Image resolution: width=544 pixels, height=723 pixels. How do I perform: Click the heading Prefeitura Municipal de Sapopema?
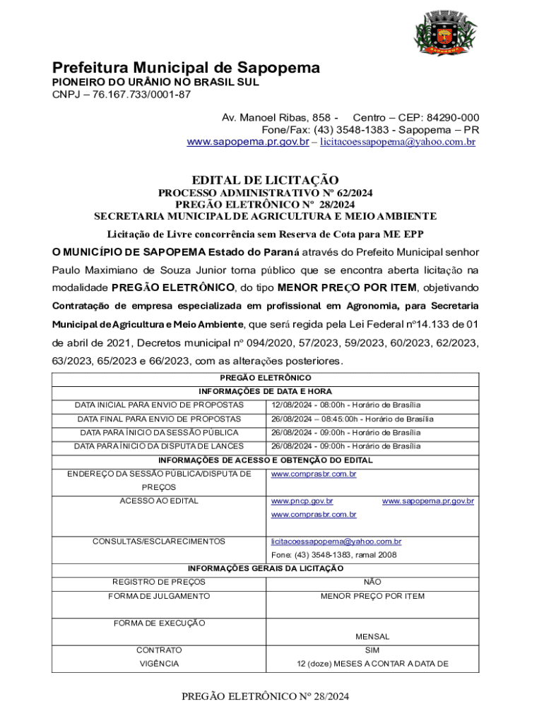(x=186, y=68)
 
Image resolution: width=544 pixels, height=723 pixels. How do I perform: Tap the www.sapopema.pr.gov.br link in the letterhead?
(x=247, y=142)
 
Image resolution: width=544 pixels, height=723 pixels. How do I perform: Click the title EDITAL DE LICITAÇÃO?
(x=265, y=180)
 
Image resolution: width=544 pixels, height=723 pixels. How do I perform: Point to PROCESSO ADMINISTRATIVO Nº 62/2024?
(x=265, y=193)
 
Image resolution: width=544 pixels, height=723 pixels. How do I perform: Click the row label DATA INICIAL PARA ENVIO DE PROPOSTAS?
(x=160, y=405)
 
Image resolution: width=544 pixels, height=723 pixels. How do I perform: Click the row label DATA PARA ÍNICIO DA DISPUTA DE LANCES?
(x=159, y=446)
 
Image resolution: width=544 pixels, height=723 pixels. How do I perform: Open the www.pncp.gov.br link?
(x=302, y=501)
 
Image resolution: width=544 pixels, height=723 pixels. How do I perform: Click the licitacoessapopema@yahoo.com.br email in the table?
(x=336, y=542)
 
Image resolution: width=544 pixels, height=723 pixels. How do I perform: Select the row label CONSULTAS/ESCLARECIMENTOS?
(x=159, y=542)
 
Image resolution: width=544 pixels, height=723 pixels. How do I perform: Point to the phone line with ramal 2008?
(x=334, y=555)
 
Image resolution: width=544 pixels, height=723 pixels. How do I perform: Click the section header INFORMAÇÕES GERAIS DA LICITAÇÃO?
(x=265, y=568)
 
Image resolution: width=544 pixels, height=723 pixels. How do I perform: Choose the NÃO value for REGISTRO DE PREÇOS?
(x=372, y=582)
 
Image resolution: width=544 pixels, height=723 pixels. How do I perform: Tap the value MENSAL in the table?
(x=372, y=637)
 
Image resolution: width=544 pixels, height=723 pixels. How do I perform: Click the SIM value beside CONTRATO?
(x=372, y=650)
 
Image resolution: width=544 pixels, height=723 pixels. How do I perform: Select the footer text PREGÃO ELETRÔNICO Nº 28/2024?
(x=265, y=697)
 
